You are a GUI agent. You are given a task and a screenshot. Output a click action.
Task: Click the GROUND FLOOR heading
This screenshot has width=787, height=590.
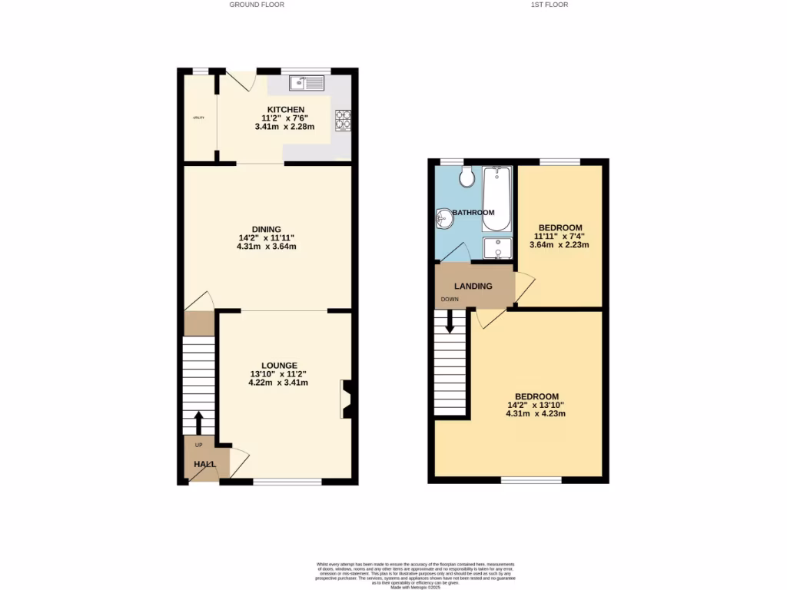coord(257,5)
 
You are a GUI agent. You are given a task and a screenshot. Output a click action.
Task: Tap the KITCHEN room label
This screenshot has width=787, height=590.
coord(285,109)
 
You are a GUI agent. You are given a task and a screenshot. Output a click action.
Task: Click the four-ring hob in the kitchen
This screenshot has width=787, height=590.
coord(342,119)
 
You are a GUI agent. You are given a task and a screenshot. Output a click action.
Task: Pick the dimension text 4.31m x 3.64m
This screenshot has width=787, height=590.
coord(267,247)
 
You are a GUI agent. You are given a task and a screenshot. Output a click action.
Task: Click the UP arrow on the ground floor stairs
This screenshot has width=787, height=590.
coord(198,422)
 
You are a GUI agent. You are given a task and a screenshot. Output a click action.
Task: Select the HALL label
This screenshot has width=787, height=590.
coord(204,464)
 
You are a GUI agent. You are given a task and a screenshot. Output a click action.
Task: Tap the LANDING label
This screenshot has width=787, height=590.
coord(473,286)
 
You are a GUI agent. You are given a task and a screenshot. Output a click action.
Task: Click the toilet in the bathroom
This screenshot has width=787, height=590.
coord(466,177)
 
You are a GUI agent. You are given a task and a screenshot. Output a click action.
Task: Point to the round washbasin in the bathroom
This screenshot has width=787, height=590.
coord(444,220)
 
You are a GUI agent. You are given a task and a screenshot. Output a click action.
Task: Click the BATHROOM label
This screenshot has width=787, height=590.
coord(473,213)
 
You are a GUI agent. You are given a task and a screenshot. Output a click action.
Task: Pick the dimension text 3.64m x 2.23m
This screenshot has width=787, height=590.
coord(559,245)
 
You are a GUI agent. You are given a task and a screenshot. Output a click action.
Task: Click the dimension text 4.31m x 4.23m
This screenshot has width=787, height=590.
coord(536,413)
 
